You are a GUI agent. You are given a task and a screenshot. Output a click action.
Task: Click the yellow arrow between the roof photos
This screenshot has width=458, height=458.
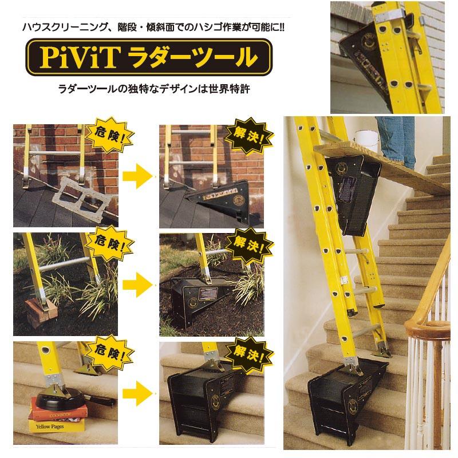tap(137, 173)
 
